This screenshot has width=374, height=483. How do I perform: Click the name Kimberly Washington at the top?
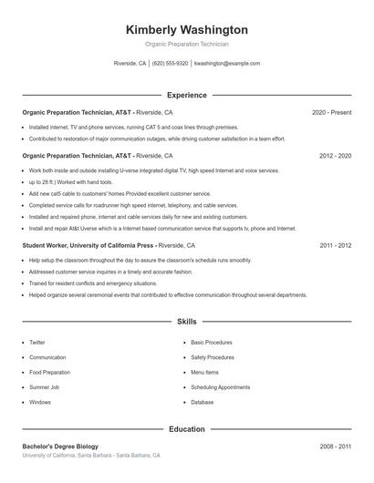click(186, 30)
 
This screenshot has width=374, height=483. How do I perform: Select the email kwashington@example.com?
click(227, 64)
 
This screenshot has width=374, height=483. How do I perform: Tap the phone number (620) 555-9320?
click(171, 64)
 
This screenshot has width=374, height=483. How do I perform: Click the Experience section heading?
click(186, 95)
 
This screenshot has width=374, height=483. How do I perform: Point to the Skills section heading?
click(186, 322)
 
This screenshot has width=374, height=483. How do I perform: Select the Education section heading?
click(186, 429)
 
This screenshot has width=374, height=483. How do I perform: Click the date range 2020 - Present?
click(331, 112)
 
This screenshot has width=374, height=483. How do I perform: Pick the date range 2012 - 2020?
click(335, 156)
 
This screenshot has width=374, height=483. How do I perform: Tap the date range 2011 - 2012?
click(335, 245)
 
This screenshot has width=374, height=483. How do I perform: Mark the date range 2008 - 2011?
click(335, 447)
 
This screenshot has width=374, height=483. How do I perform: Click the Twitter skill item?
click(37, 343)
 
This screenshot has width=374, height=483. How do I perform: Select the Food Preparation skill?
click(49, 372)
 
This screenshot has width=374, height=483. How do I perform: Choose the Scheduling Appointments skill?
click(220, 386)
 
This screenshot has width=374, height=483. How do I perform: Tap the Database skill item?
click(202, 402)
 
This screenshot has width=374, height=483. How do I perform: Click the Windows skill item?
click(40, 402)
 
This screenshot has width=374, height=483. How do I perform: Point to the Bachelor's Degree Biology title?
click(60, 447)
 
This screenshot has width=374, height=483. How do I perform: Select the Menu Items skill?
click(204, 372)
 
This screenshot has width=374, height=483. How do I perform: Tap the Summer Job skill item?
click(43, 386)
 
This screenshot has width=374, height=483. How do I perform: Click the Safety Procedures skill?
click(212, 357)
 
